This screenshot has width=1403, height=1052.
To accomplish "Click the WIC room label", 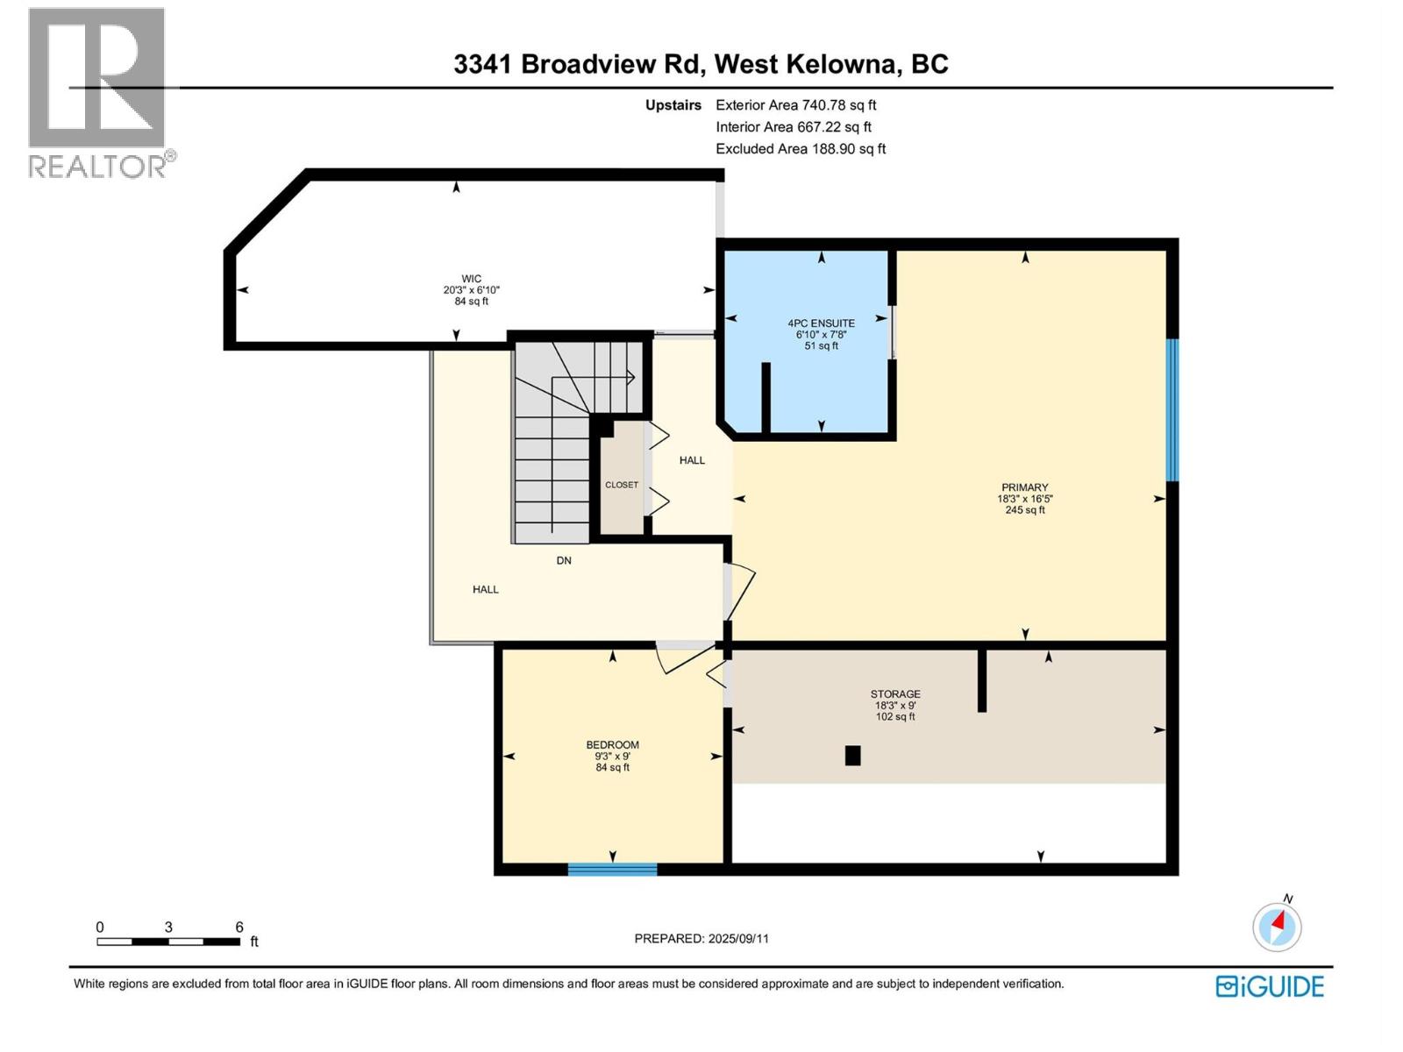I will pyautogui.click(x=471, y=279).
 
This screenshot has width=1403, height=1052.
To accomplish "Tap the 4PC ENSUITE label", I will pyautogui.click(x=821, y=323).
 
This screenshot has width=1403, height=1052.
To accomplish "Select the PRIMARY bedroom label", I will pyautogui.click(x=1024, y=487).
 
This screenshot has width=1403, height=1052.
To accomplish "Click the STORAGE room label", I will pyautogui.click(x=895, y=693).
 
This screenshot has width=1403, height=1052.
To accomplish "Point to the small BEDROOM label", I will pyautogui.click(x=612, y=745).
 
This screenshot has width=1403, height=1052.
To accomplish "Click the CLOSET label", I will pyautogui.click(x=622, y=485).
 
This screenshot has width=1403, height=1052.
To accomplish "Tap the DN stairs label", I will pyautogui.click(x=564, y=560).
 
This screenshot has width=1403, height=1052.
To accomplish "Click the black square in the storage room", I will pyautogui.click(x=852, y=756).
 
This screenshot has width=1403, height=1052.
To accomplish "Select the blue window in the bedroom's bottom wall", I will pyautogui.click(x=612, y=870).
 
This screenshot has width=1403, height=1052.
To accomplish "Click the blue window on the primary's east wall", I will pyautogui.click(x=1172, y=410).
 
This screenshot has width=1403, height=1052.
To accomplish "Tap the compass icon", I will pyautogui.click(x=1277, y=927).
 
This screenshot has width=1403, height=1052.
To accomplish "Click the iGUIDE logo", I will pyautogui.click(x=1270, y=986).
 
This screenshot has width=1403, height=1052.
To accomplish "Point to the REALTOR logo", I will pyautogui.click(x=98, y=92).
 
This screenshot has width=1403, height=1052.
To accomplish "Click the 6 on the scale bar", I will pyautogui.click(x=239, y=927).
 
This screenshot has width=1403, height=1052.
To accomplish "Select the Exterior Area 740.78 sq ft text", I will pyautogui.click(x=795, y=105).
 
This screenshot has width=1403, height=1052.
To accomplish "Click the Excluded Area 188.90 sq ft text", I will pyautogui.click(x=800, y=149).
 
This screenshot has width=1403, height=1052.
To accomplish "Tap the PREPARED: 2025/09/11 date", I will pyautogui.click(x=701, y=938).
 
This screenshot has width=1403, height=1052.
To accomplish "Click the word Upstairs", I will pyautogui.click(x=673, y=105).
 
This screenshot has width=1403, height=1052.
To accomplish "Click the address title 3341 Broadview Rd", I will pyautogui.click(x=578, y=64).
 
